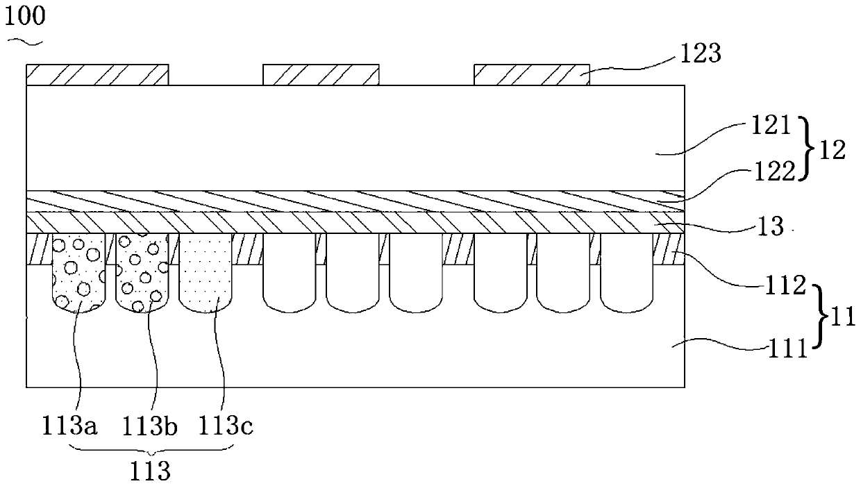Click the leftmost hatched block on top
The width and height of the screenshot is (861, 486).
pos(97,75)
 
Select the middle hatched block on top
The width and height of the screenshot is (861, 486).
pos(321,75)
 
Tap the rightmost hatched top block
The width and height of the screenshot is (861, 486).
pos(532,75)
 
